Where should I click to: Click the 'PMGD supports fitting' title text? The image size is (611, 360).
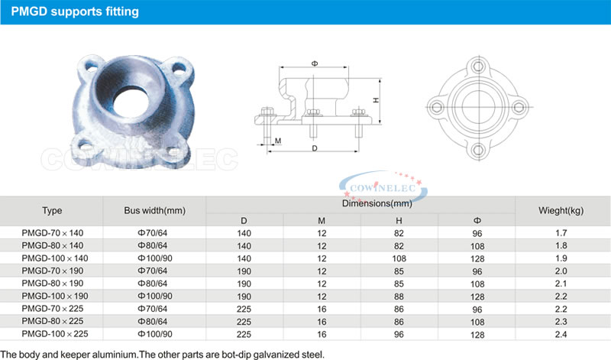click(x=75, y=11)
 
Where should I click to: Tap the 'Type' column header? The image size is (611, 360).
click(x=52, y=211)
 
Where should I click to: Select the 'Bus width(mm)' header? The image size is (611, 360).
click(x=155, y=211)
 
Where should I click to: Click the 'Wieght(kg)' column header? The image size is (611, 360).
click(x=561, y=211)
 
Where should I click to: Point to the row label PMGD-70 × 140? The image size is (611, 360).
click(x=53, y=233)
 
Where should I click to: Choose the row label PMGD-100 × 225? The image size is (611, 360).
click(x=55, y=334)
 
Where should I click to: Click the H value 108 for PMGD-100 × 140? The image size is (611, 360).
click(x=399, y=258)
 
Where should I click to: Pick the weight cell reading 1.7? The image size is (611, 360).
click(x=561, y=233)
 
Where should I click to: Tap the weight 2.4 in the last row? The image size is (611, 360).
click(x=561, y=334)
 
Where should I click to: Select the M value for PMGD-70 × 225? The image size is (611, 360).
click(x=322, y=310)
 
